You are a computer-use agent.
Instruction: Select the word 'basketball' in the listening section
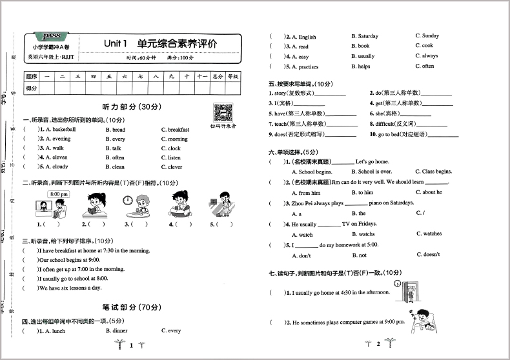point(63,130)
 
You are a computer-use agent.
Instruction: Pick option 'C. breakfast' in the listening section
point(174,130)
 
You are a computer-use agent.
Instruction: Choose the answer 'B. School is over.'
point(371,172)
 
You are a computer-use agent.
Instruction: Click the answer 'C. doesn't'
point(427,255)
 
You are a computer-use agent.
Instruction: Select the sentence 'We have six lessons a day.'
point(70,288)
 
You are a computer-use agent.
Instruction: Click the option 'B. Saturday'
point(365,36)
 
